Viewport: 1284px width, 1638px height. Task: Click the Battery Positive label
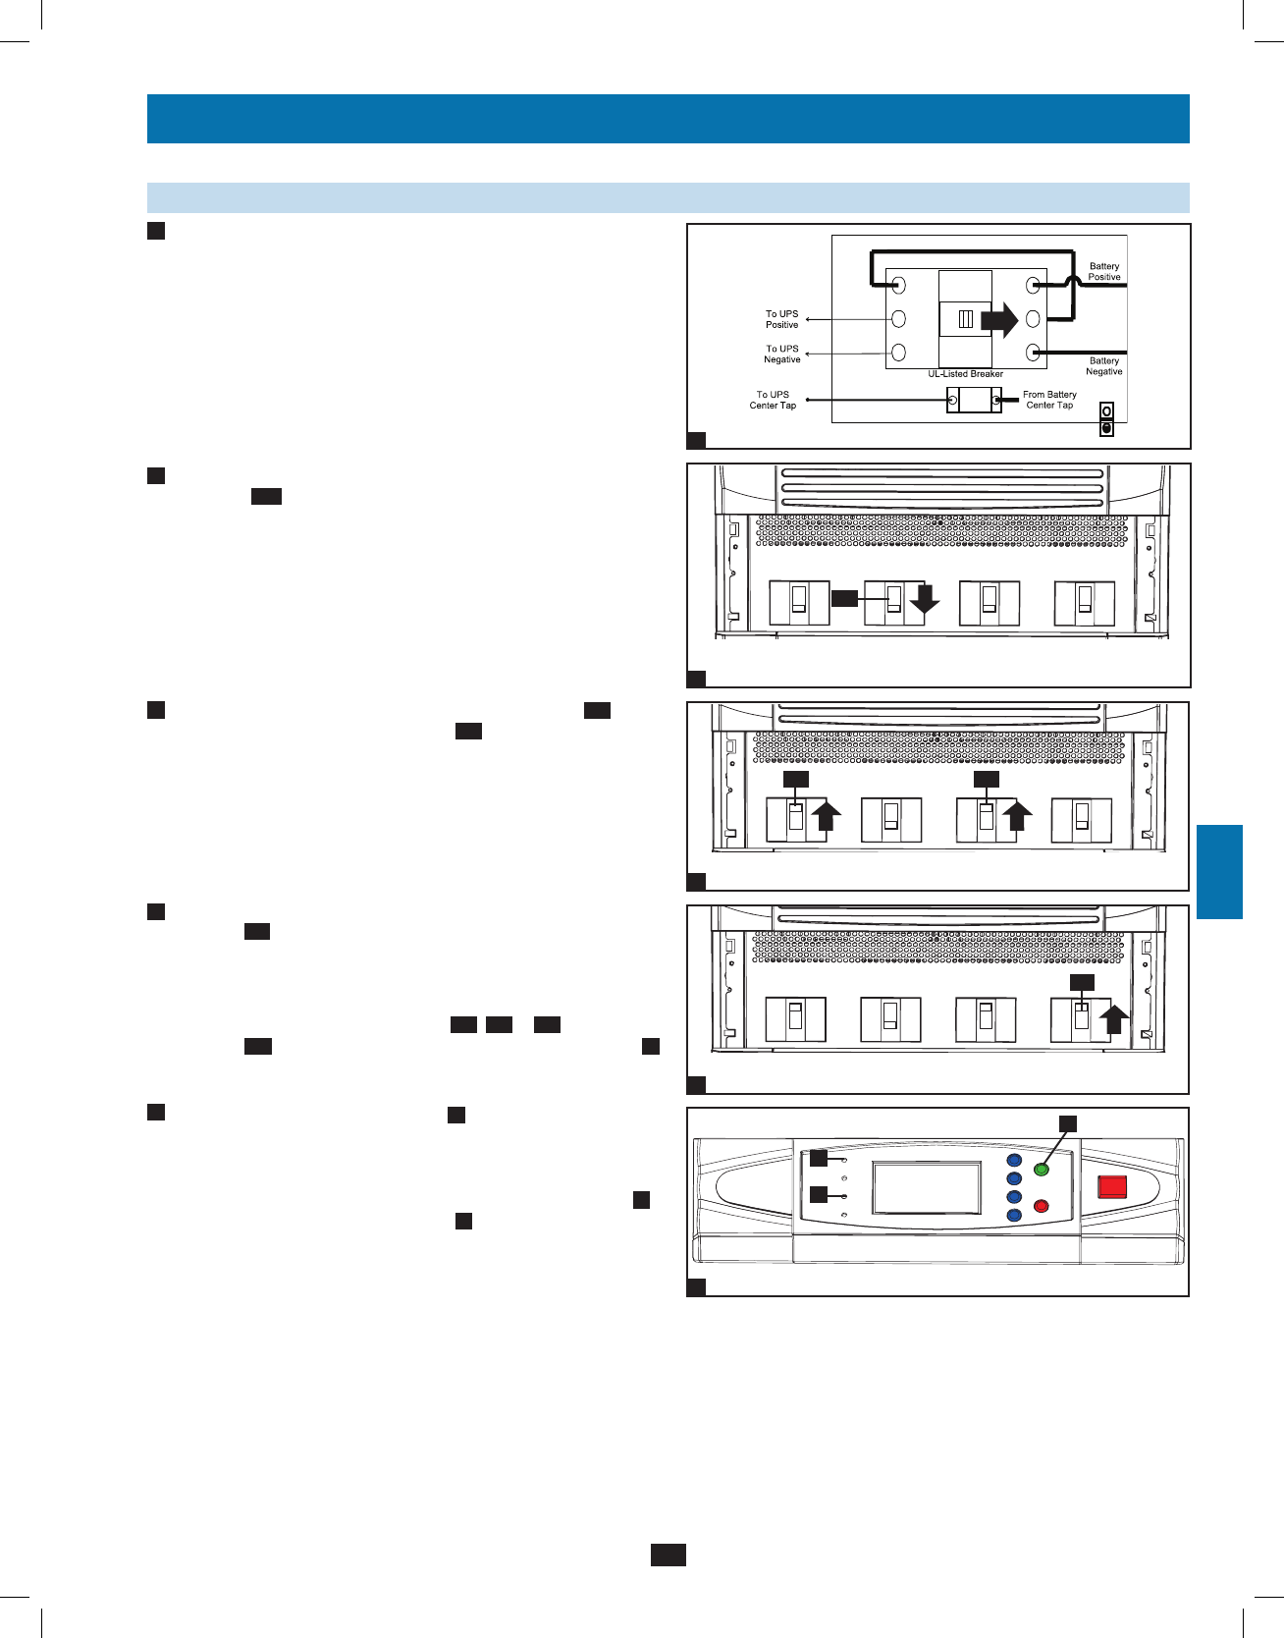[1103, 271]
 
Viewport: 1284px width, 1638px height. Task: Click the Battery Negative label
[1103, 366]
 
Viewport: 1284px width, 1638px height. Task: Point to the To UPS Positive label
[781, 319]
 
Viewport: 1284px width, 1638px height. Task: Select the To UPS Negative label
[781, 354]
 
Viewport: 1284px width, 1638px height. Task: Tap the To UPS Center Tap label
[773, 400]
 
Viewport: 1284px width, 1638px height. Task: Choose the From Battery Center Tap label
[1049, 400]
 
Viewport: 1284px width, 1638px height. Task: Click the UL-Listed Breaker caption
[965, 374]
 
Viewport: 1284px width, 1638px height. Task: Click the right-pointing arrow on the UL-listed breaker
[1000, 319]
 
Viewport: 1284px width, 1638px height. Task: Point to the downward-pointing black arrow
[924, 600]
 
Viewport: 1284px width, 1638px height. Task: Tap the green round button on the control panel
[1043, 1170]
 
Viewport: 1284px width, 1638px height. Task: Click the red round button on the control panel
[1043, 1206]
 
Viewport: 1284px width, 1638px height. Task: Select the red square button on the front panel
[1112, 1186]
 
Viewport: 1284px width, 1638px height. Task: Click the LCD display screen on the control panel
[927, 1188]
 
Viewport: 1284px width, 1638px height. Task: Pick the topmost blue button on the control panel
[1014, 1160]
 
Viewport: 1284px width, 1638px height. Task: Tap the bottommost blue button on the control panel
[1014, 1216]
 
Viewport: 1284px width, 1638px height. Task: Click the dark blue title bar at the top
[668, 119]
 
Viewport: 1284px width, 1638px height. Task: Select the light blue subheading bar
[668, 197]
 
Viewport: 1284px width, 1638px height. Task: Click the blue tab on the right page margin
[1220, 871]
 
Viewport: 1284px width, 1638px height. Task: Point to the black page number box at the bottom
[668, 1555]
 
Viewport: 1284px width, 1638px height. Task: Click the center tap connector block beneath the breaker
[973, 400]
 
